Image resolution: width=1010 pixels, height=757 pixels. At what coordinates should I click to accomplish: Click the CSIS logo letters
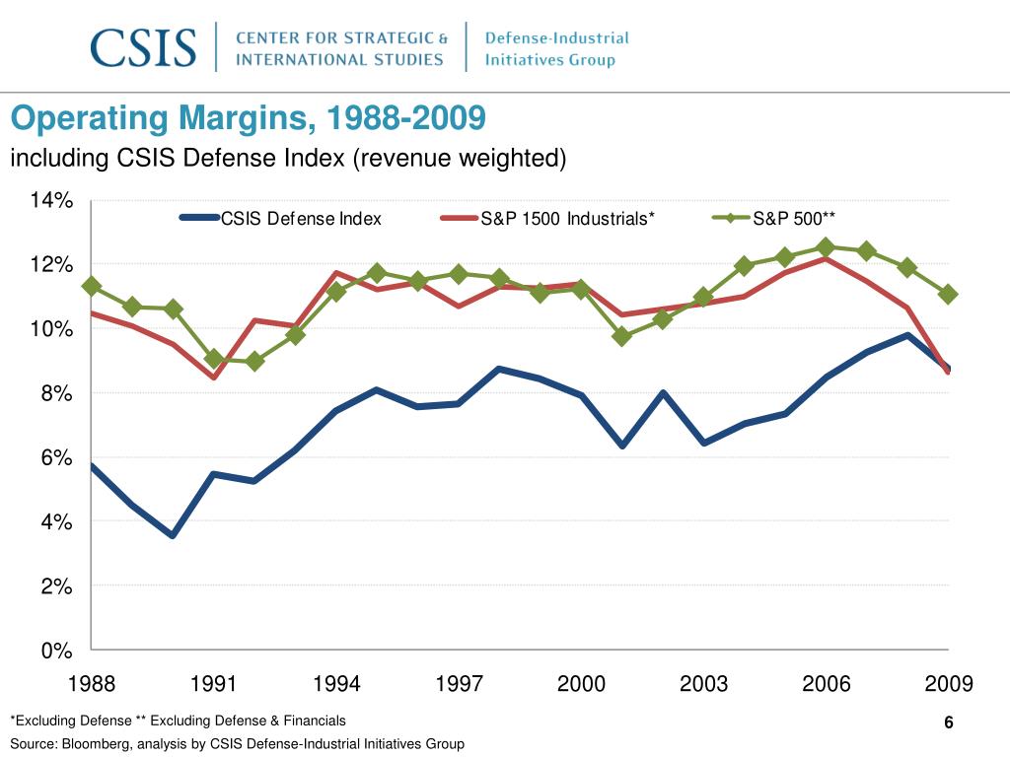[143, 47]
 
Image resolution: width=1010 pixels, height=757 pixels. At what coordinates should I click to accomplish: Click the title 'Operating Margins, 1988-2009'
[248, 120]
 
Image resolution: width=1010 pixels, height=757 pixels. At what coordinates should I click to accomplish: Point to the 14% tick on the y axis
[51, 201]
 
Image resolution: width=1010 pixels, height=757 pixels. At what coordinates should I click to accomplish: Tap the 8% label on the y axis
[56, 393]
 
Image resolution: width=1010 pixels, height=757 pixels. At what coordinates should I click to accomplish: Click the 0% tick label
[56, 651]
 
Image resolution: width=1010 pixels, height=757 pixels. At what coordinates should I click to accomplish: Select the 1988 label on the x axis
[91, 684]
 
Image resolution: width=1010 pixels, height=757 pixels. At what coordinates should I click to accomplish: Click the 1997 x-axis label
[459, 684]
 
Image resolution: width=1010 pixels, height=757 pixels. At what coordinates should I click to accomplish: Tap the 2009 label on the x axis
[949, 684]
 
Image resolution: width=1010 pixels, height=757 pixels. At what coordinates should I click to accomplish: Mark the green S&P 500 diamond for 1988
[92, 287]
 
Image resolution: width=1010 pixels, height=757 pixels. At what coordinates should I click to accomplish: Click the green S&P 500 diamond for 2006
[827, 247]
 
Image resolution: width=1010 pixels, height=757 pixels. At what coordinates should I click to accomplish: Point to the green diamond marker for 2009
[948, 294]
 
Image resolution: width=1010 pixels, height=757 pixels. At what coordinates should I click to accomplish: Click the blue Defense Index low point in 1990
[173, 535]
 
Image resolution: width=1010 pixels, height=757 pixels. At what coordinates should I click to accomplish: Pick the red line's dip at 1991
[213, 377]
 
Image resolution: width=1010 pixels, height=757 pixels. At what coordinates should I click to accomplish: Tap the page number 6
[948, 723]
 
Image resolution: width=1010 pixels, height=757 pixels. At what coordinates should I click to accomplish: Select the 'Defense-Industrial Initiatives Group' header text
[556, 48]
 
